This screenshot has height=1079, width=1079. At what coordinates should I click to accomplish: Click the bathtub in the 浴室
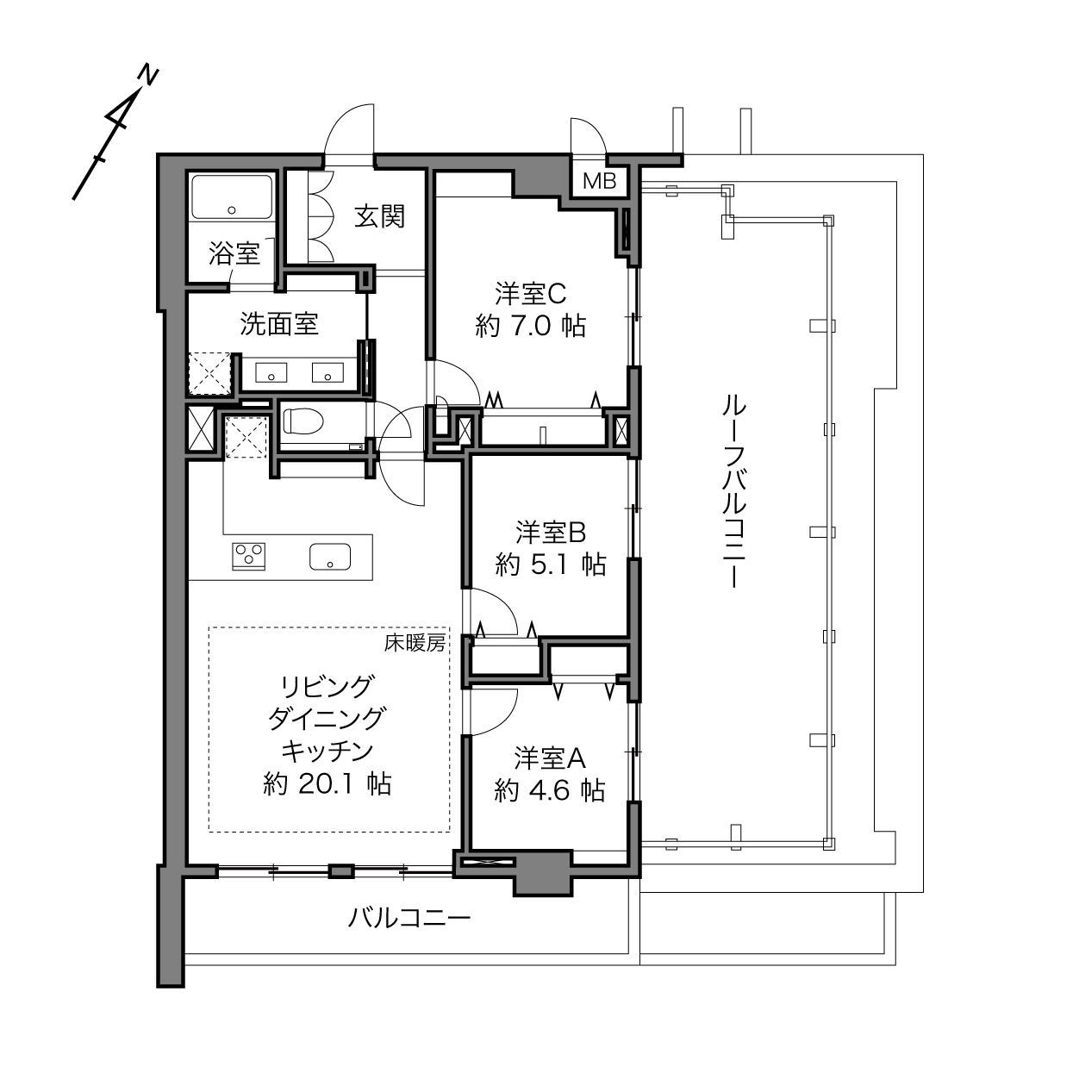click(x=232, y=196)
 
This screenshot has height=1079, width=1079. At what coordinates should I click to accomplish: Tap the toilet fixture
click(x=302, y=421)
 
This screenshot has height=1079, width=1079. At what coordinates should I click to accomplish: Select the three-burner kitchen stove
click(x=248, y=557)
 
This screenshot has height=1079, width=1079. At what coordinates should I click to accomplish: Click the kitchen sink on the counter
click(x=330, y=557)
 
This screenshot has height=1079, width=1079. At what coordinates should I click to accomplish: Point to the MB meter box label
click(x=600, y=181)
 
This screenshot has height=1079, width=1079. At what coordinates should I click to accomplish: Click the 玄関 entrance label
click(x=380, y=216)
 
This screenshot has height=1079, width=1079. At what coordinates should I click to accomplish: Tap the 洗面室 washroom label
click(x=279, y=324)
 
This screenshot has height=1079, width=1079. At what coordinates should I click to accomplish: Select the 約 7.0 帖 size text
click(x=530, y=326)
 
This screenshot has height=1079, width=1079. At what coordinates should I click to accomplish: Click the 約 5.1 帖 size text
click(x=551, y=565)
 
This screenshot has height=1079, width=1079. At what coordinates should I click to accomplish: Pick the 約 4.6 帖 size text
click(x=549, y=791)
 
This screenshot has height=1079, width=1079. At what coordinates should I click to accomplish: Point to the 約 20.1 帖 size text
click(x=327, y=784)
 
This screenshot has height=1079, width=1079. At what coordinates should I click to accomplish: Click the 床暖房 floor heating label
click(x=415, y=644)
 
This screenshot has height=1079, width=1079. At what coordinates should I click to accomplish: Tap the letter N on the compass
click(x=148, y=76)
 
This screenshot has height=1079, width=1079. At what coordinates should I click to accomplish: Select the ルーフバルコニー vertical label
click(x=734, y=491)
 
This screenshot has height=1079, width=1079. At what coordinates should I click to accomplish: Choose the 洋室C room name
click(x=531, y=294)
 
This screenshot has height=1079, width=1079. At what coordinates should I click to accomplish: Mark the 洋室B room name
click(x=551, y=533)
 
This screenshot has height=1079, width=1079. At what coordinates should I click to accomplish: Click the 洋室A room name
click(x=550, y=758)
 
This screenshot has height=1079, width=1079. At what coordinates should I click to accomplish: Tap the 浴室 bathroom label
click(x=234, y=253)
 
